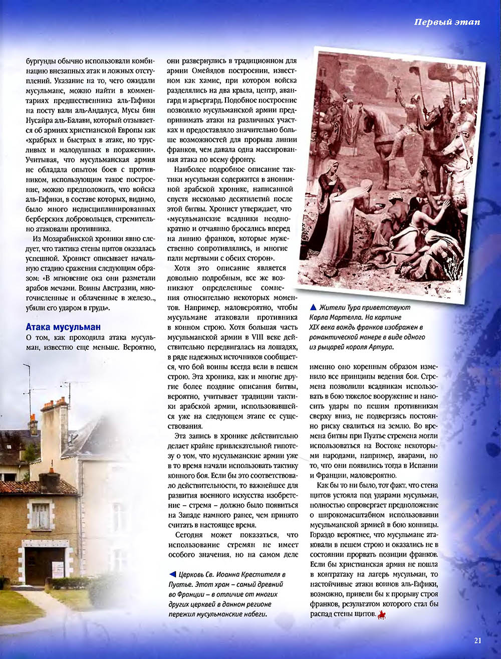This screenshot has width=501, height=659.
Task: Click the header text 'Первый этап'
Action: pos(447,22)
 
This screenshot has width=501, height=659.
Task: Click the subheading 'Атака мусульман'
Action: pos(63,327)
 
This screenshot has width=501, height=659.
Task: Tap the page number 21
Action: pos(477,640)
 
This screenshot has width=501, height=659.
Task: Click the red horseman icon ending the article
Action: pos(382,614)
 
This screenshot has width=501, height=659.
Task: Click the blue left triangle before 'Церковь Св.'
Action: pos(172,574)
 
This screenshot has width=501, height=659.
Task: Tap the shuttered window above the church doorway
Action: pos(41,516)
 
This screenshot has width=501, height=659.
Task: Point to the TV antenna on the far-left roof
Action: pos(28,381)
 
